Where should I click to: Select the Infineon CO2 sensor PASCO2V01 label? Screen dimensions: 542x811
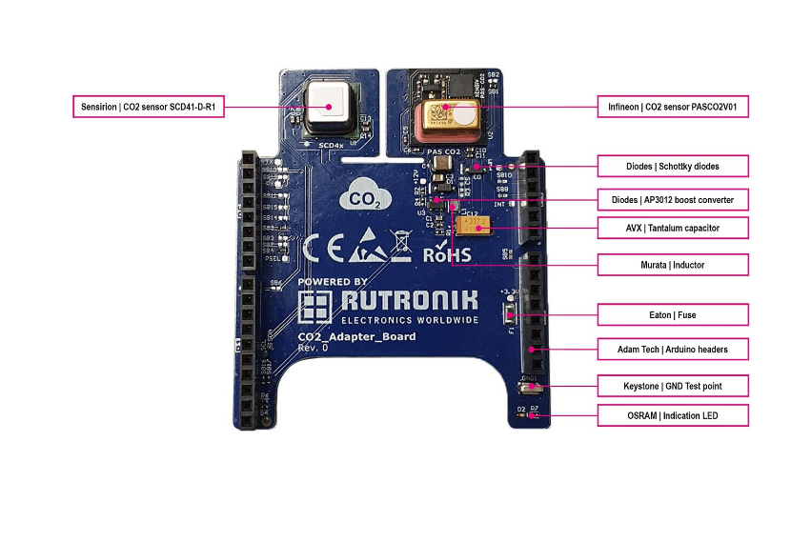[672, 107]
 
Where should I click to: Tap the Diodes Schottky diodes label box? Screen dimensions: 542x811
[672, 166]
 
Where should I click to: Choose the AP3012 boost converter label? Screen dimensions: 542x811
[672, 199]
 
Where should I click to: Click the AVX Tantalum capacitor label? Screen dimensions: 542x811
[672, 228]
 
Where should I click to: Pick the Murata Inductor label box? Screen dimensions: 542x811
[672, 264]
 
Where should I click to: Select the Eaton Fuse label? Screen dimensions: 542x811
[672, 313]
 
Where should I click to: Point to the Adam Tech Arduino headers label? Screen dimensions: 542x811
[672, 350]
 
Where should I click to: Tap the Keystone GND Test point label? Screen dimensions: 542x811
[672, 386]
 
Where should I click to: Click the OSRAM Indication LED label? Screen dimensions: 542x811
[672, 415]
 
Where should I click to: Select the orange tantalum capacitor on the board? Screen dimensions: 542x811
[473, 226]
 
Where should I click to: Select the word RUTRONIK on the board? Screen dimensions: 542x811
[408, 303]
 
